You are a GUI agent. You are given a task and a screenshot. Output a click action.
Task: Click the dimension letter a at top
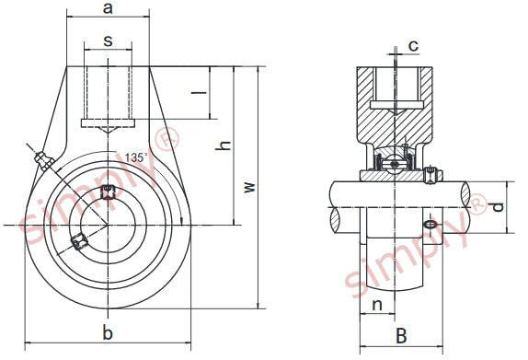[108, 8]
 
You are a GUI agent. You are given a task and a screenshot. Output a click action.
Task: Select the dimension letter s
[108, 41]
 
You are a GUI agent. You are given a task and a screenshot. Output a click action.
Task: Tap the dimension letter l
[199, 92]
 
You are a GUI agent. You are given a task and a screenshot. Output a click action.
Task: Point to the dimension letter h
[224, 145]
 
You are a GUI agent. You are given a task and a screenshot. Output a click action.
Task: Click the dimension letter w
[250, 187]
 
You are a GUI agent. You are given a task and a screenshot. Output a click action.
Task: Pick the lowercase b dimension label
[108, 333]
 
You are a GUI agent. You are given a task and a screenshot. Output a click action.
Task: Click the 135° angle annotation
[136, 157]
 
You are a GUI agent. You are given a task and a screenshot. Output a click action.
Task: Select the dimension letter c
[414, 45]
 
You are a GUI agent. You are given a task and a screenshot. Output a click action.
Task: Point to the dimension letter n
[377, 305]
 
